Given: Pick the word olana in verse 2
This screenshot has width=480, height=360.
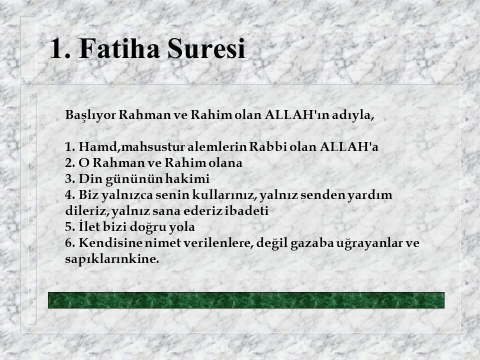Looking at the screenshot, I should click(x=225, y=163).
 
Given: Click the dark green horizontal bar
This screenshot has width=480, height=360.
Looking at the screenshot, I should click(x=246, y=300).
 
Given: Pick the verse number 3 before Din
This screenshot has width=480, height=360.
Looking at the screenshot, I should click(x=68, y=179).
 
